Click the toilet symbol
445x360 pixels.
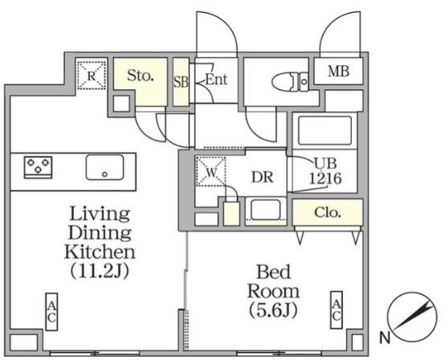290,82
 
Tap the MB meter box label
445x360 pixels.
338,71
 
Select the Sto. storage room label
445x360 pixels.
141,76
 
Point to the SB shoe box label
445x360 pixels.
181,82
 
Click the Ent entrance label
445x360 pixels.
216,80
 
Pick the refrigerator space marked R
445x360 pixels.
92,75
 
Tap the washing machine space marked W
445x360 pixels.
211,172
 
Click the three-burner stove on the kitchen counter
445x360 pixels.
38,167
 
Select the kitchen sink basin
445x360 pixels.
104,167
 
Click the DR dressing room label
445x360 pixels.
263,177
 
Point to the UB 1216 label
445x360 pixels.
325,171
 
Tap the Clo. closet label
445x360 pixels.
327,212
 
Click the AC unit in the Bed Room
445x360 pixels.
337,310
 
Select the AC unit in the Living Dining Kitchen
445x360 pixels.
51,312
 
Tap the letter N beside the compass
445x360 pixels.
385,338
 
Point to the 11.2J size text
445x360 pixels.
100,271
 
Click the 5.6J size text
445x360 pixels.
273,310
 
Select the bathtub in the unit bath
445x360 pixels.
325,130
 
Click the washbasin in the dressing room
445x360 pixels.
266,210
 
